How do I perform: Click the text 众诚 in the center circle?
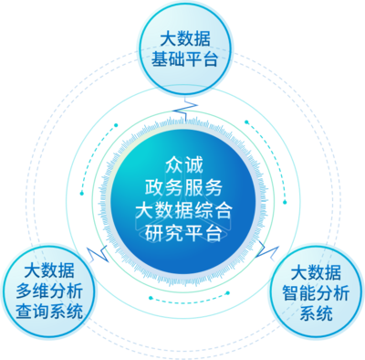(182, 166)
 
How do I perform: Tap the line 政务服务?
(182, 188)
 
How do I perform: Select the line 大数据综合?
(182, 210)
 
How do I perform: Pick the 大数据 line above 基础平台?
(185, 40)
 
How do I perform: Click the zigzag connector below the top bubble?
(186, 112)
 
